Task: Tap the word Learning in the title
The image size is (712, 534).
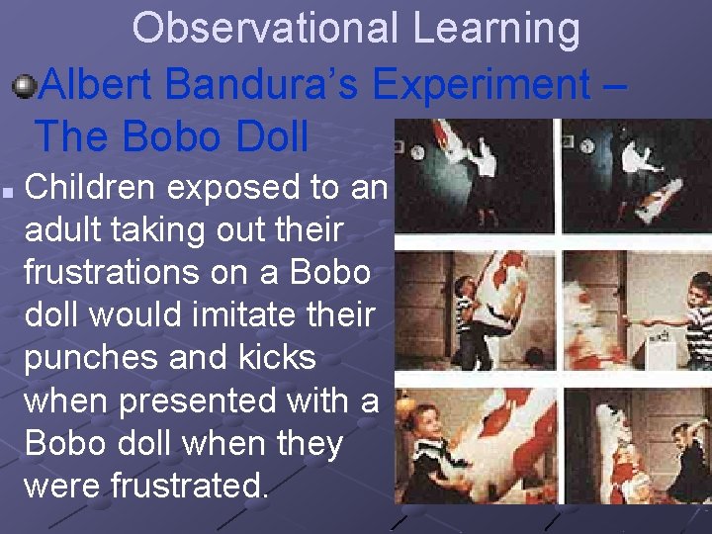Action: (x=496, y=29)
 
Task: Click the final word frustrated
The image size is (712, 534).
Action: (x=195, y=486)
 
